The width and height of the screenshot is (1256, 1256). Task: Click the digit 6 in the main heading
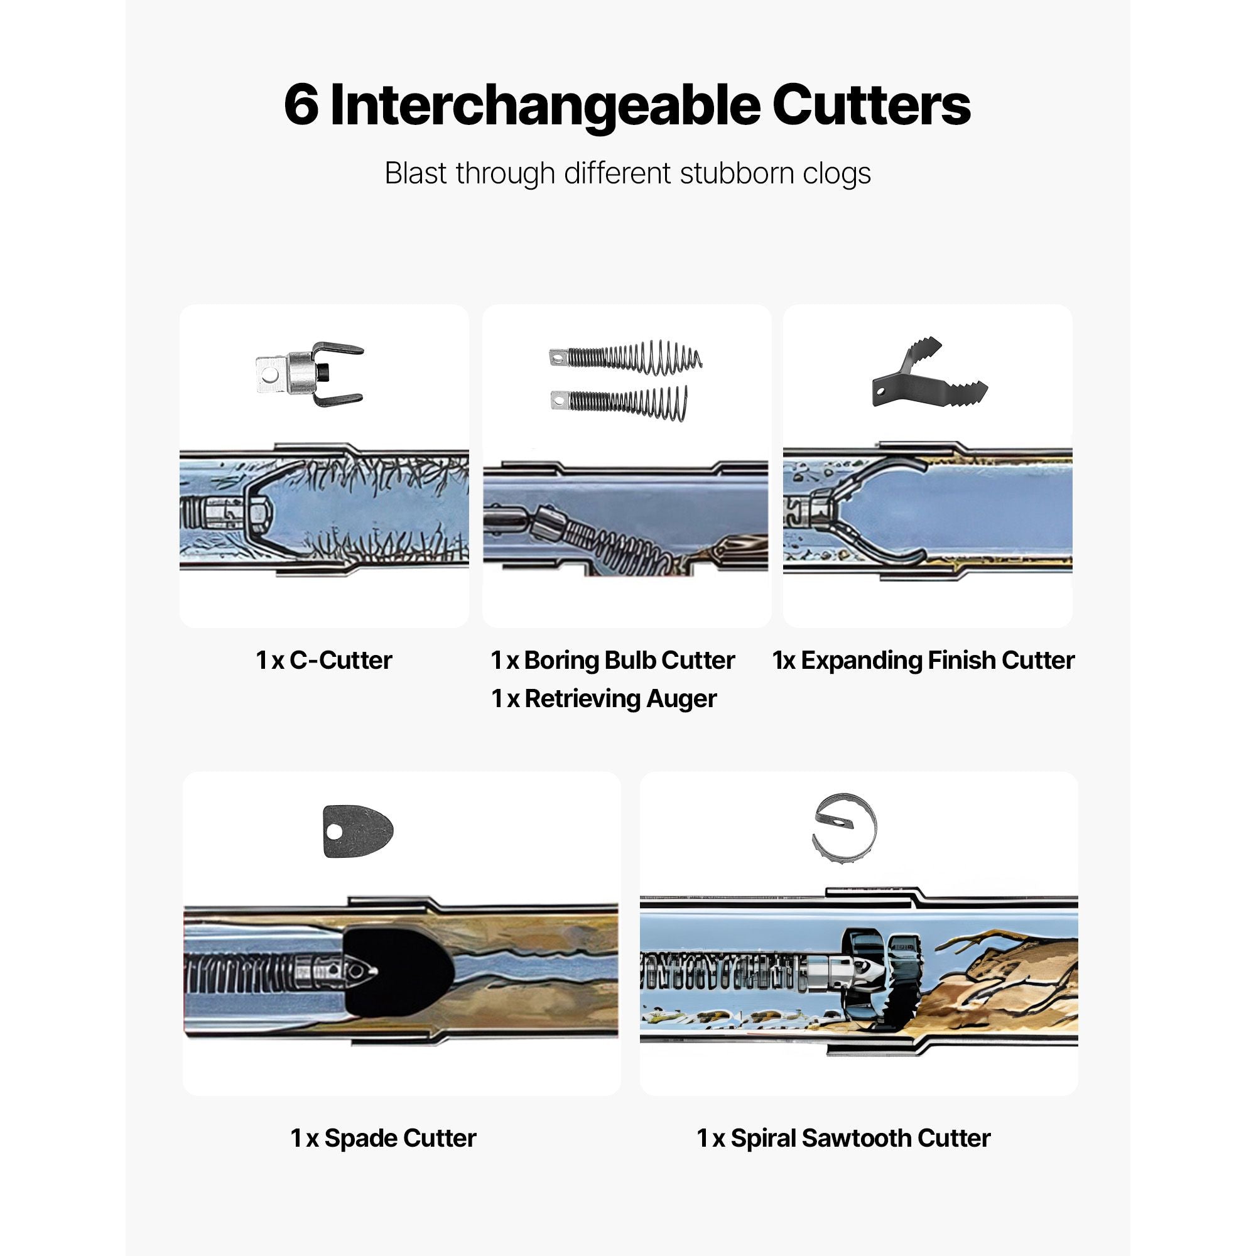click(301, 106)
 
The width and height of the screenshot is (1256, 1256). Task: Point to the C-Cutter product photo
click(309, 374)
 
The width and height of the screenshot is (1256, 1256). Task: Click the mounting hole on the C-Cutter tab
click(267, 374)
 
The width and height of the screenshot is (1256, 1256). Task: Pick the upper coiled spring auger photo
click(625, 357)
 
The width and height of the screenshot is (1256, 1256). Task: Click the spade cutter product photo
click(357, 831)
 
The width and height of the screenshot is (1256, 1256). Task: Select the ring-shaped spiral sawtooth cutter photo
click(844, 829)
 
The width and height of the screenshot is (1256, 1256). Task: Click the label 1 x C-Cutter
click(324, 660)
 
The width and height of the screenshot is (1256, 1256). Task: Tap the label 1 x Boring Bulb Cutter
click(612, 661)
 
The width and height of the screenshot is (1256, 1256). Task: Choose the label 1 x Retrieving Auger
click(604, 699)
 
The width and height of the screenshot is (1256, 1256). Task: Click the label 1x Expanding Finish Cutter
click(923, 661)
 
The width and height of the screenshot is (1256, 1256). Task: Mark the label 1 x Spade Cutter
click(383, 1139)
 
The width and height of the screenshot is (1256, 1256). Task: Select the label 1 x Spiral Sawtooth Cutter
click(843, 1139)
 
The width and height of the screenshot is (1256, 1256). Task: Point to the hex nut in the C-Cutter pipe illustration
click(257, 510)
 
